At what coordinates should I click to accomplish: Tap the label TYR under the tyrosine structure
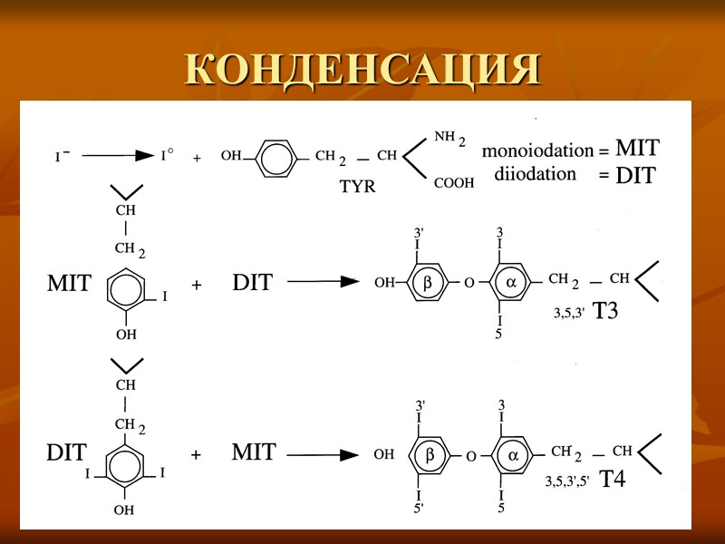[357, 188]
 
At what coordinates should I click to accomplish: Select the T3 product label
[605, 311]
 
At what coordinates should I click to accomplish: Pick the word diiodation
[536, 173]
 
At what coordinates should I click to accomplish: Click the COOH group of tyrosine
[454, 183]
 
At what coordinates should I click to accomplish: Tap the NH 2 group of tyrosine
[449, 139]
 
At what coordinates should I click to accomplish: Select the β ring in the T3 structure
[429, 283]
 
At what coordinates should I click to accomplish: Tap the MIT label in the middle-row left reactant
[69, 284]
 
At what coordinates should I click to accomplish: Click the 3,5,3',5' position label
[566, 482]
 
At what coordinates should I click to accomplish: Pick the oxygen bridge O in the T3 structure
[469, 283]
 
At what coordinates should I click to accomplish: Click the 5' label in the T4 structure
[420, 508]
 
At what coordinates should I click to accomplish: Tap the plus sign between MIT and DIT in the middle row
[196, 284]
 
